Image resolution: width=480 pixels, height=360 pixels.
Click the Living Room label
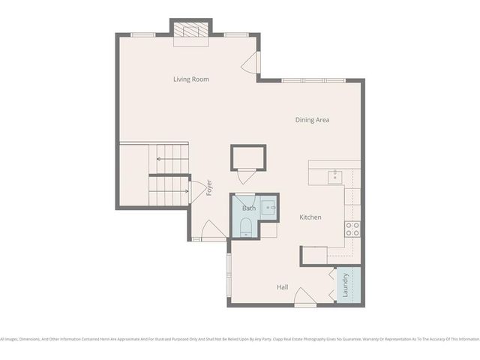[x=191, y=79]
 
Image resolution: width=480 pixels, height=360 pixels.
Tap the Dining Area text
[x=312, y=119]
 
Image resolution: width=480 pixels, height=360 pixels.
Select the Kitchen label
[x=310, y=217]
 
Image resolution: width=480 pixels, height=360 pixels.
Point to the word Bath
[x=248, y=208]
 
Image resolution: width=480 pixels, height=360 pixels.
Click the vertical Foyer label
[x=209, y=187]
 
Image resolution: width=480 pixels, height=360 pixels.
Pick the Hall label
[x=283, y=287]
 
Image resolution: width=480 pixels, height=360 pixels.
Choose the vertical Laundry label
[x=346, y=285]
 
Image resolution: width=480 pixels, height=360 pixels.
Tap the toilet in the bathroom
[x=247, y=227]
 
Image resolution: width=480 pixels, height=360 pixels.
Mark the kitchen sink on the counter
[x=334, y=176]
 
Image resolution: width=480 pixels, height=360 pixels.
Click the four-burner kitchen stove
[x=352, y=229]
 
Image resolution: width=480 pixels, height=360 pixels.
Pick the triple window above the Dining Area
[x=313, y=80]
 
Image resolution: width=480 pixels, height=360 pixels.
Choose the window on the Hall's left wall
[x=228, y=278]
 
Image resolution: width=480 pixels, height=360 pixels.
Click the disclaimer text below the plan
[x=240, y=339]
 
